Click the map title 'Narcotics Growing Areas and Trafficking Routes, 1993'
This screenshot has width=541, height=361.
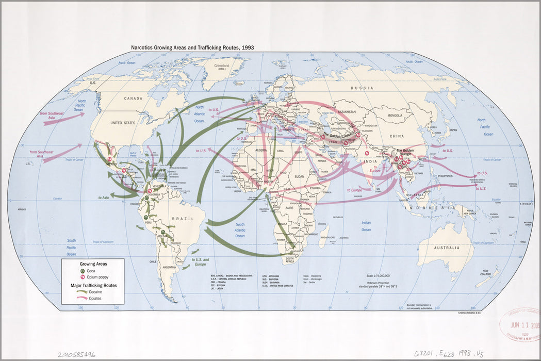(192, 47)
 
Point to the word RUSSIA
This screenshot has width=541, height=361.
(362, 88)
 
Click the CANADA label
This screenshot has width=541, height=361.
(133, 98)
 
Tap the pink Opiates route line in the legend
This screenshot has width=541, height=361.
(81, 299)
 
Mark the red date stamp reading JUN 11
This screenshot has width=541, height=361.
(521, 326)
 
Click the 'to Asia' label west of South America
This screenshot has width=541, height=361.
(104, 198)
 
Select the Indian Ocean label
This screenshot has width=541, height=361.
(366, 226)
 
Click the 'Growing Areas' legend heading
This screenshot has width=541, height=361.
(93, 264)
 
